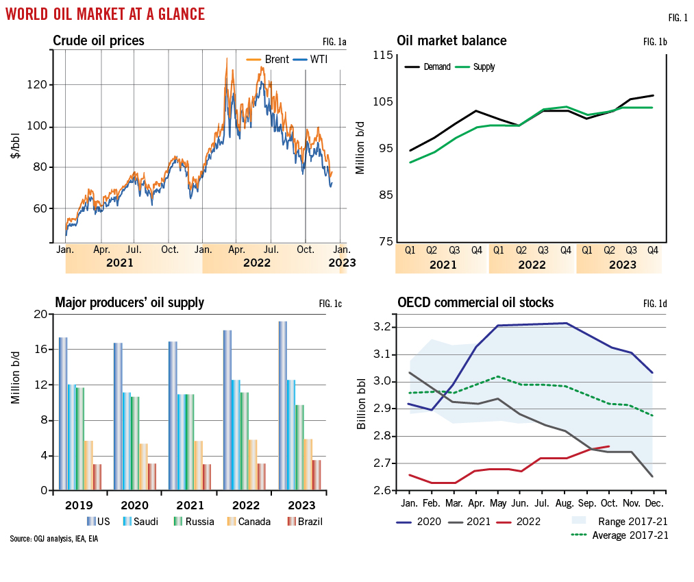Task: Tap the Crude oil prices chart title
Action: [x=99, y=41]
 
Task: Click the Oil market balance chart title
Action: [x=451, y=41]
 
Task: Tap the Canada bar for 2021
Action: [x=198, y=465]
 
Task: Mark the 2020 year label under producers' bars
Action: [x=135, y=504]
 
